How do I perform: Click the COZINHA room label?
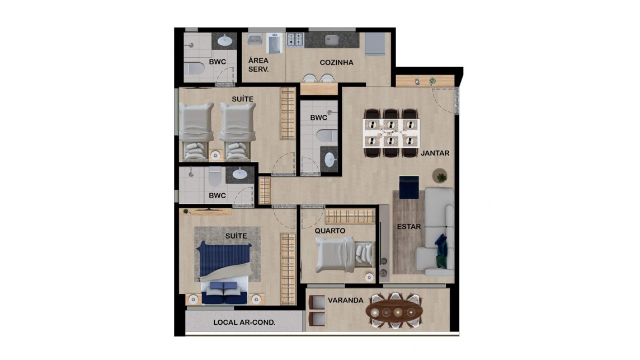tap(336, 63)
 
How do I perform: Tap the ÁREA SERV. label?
tap(259, 65)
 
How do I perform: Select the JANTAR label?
tap(435, 153)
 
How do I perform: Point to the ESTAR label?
tap(409, 226)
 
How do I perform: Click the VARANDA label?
tap(345, 300)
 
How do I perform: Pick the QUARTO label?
tap(330, 231)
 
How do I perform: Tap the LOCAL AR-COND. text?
tap(244, 322)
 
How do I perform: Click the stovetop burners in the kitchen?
tap(295, 40)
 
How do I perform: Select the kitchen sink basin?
tap(332, 40)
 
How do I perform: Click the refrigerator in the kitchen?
tap(375, 44)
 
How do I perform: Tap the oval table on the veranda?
tap(394, 312)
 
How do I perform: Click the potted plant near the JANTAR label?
tap(440, 176)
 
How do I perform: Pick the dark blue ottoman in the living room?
tap(409, 187)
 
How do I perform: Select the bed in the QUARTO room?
tap(343, 255)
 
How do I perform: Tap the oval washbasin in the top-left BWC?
tap(225, 40)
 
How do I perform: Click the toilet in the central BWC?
tap(327, 135)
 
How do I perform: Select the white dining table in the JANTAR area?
tap(391, 133)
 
